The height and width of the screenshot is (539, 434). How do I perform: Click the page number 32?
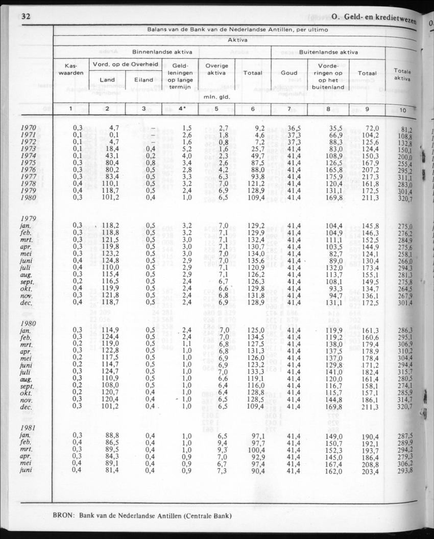26,16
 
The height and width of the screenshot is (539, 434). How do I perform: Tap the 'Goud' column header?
289,73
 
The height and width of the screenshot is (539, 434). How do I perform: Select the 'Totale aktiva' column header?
402,75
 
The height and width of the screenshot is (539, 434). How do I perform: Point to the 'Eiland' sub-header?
143,80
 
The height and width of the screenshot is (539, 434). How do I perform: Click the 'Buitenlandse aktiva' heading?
328,52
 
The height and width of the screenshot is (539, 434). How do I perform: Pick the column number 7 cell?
289,109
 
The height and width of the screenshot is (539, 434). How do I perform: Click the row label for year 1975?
28,163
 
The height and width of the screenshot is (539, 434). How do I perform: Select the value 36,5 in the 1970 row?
289,128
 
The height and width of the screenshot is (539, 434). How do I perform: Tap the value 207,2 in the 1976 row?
368,170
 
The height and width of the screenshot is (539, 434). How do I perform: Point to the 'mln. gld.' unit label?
214,96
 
